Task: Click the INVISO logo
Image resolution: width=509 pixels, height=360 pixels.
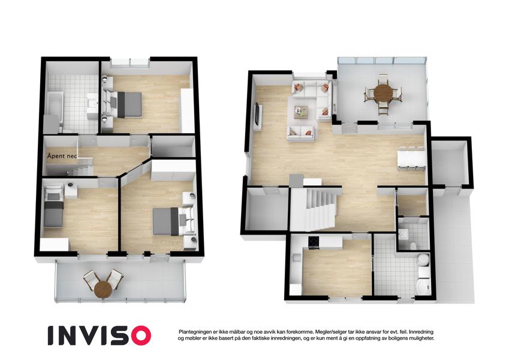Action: point(100,335)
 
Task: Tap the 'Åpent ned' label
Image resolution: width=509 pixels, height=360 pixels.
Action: point(61,156)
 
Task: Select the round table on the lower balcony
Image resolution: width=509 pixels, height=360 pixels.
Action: point(103,289)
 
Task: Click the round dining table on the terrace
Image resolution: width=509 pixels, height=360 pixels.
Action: point(382,93)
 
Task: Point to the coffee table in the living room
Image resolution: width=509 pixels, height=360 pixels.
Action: point(300,112)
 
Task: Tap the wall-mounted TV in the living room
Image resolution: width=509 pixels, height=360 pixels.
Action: point(257,114)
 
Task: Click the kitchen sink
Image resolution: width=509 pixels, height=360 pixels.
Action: point(297,257)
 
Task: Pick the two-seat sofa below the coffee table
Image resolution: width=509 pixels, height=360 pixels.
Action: point(301,133)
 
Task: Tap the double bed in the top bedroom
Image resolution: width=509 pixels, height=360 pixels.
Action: point(127,104)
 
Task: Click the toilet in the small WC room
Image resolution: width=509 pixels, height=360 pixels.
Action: point(413,245)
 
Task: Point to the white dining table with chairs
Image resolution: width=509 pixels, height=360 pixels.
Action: point(411,160)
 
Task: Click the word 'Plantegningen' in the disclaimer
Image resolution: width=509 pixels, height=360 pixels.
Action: point(194,332)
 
